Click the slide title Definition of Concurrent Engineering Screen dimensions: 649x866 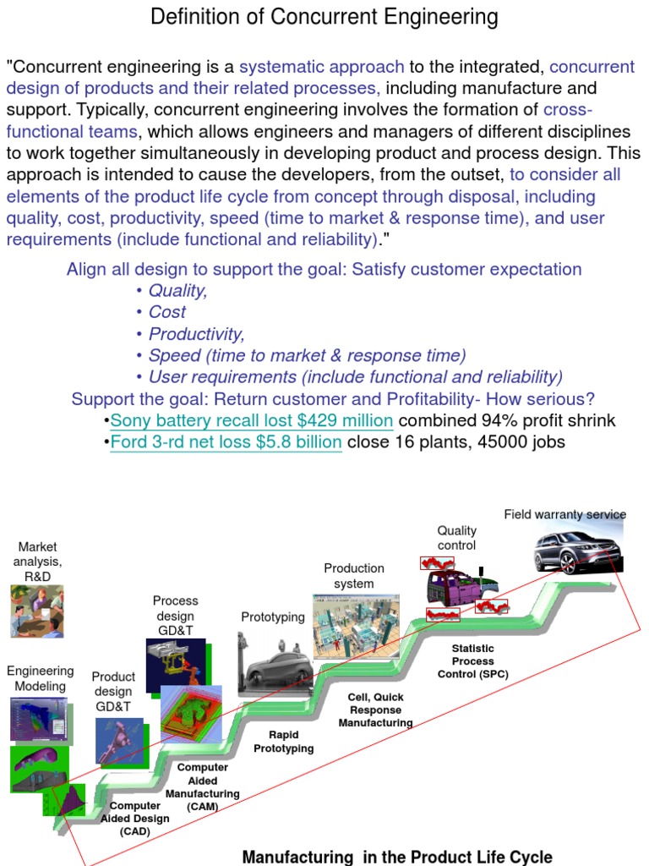(324, 16)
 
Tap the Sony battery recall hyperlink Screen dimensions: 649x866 (252, 420)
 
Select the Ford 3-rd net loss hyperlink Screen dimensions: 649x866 (226, 441)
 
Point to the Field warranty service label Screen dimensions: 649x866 (565, 514)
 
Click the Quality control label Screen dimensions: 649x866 (456, 538)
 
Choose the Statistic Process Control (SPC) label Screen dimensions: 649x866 (472, 660)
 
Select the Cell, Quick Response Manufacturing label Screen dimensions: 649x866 (376, 710)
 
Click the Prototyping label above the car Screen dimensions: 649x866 (273, 617)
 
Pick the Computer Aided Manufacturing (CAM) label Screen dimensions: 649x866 (202, 787)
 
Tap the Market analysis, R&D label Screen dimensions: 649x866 (37, 562)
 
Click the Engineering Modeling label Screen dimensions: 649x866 (41, 678)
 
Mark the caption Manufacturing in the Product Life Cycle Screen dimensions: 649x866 (397, 857)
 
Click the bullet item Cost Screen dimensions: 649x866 (166, 312)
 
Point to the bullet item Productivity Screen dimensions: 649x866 (196, 334)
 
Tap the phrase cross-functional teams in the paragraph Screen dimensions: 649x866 (72, 131)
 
